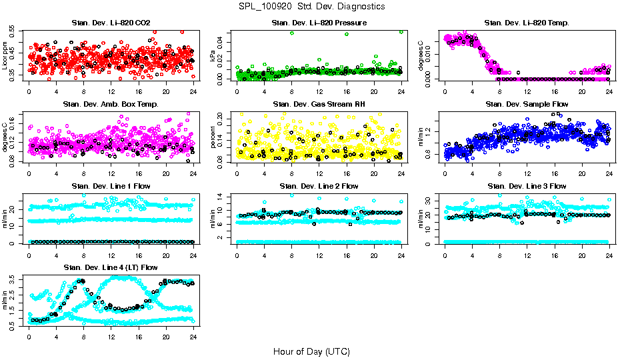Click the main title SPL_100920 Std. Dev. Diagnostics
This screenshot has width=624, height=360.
(x=311, y=6)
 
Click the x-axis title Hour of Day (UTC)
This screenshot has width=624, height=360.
(x=311, y=351)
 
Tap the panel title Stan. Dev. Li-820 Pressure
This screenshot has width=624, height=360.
(x=319, y=23)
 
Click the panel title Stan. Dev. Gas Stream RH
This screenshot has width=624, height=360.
(x=319, y=104)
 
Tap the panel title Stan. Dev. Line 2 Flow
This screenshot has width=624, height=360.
(x=319, y=186)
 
